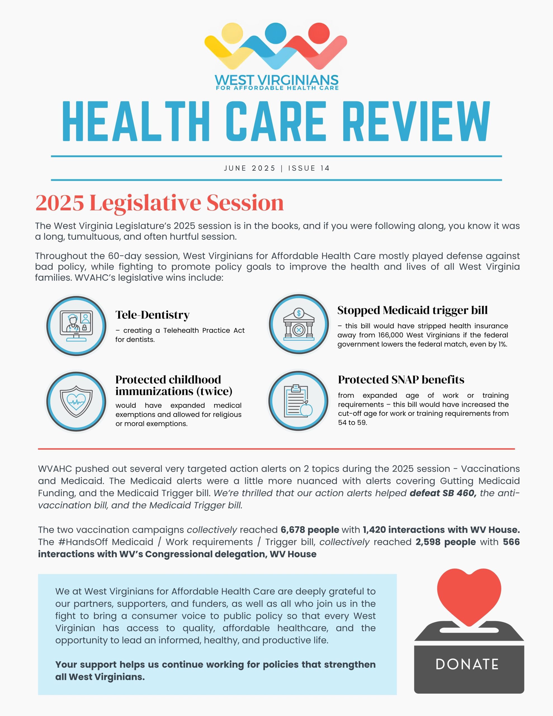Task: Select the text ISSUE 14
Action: [309, 168]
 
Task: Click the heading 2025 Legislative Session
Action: [160, 203]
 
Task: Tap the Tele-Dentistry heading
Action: [152, 315]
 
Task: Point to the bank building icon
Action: [299, 324]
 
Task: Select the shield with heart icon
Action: [76, 401]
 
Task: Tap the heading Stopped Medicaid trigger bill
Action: [412, 310]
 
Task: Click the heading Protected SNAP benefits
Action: [401, 380]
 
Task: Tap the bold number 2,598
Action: [428, 542]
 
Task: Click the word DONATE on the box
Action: [467, 665]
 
